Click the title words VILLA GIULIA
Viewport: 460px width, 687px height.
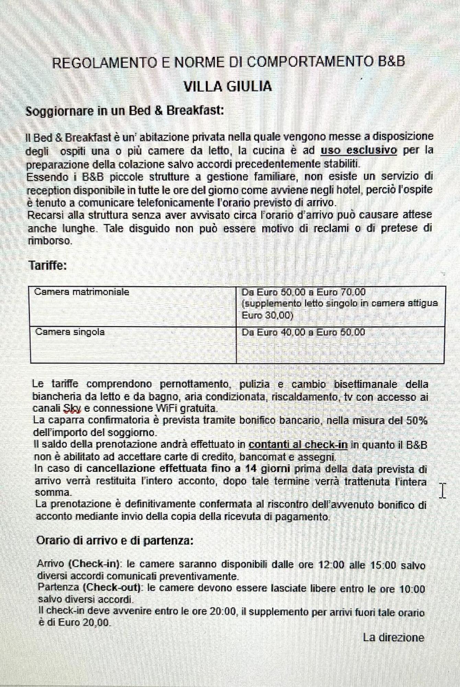tap(228, 87)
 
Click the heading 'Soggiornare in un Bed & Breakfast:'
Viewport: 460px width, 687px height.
tap(125, 111)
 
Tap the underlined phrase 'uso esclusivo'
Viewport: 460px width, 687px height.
tap(359, 150)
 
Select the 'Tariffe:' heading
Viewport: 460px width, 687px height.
tap(48, 266)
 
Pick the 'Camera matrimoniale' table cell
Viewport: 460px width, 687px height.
tap(82, 292)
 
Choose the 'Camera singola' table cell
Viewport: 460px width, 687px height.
tap(70, 332)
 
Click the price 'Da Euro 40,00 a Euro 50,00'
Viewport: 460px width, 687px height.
tap(303, 332)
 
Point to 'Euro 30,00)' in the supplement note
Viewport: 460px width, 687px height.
tap(267, 315)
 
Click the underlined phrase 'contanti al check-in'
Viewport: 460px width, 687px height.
tap(298, 445)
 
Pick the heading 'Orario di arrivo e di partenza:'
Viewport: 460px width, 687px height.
tap(115, 540)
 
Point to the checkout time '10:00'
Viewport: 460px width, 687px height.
tap(412, 589)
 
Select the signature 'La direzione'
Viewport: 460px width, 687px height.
tap(393, 638)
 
